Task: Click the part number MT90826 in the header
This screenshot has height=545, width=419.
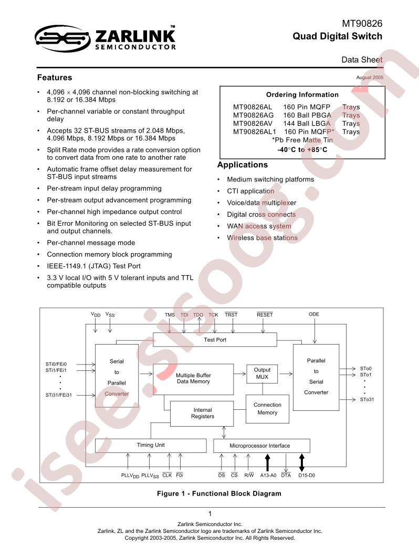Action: click(362, 24)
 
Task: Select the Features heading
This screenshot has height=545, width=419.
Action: click(55, 77)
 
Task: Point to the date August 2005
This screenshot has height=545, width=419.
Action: click(370, 77)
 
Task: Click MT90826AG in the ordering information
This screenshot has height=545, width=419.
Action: click(253, 115)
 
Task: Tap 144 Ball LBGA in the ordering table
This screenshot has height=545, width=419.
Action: click(307, 124)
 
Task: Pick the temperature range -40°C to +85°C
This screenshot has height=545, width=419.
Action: click(302, 149)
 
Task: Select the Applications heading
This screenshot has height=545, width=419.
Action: click(243, 165)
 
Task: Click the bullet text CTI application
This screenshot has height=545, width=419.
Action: click(250, 191)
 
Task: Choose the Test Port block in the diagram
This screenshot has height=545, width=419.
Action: click(215, 340)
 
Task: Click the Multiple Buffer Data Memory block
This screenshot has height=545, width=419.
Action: click(193, 379)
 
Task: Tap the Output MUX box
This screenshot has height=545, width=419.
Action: click(262, 374)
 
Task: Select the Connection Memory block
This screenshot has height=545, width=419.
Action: click(267, 409)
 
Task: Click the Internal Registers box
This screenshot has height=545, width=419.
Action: click(203, 413)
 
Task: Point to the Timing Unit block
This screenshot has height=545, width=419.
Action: click(151, 445)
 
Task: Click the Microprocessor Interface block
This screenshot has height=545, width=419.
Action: click(261, 446)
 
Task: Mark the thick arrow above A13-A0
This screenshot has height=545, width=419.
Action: click(267, 462)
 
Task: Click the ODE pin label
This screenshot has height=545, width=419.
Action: click(314, 314)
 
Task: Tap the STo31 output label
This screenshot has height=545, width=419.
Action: click(367, 400)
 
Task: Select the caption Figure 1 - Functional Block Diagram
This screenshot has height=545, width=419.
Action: click(219, 493)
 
